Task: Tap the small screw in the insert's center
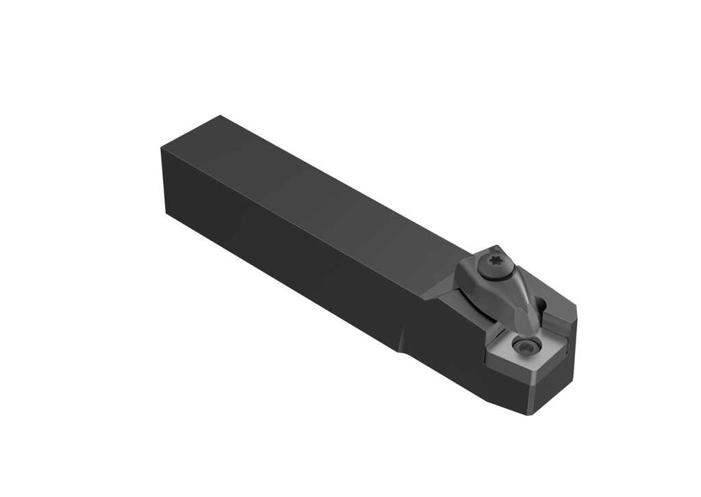click(x=526, y=347)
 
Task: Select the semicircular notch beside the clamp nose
click(x=544, y=305)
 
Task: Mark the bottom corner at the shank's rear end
click(x=166, y=214)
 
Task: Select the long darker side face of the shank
click(x=288, y=260)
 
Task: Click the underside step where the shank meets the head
click(x=399, y=351)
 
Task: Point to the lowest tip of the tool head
click(x=532, y=414)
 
